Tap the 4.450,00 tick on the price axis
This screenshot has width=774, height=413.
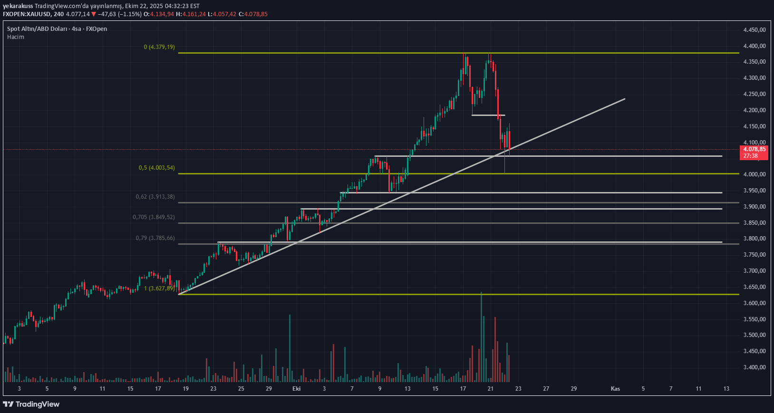[755, 30]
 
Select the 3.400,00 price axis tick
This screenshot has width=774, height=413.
[755, 367]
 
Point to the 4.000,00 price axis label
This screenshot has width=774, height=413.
[755, 174]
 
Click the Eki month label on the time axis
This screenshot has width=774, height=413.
[297, 389]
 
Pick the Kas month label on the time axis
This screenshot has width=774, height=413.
[615, 389]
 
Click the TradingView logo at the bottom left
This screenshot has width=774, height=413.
[31, 404]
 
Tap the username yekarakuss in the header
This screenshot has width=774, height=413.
[18, 6]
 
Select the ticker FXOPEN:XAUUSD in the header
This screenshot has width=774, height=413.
[27, 14]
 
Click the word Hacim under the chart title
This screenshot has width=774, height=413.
[16, 37]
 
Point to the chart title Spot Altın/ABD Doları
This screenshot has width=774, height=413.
[37, 29]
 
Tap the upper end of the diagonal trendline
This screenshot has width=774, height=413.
[624, 99]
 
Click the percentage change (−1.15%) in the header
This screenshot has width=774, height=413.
[130, 14]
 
